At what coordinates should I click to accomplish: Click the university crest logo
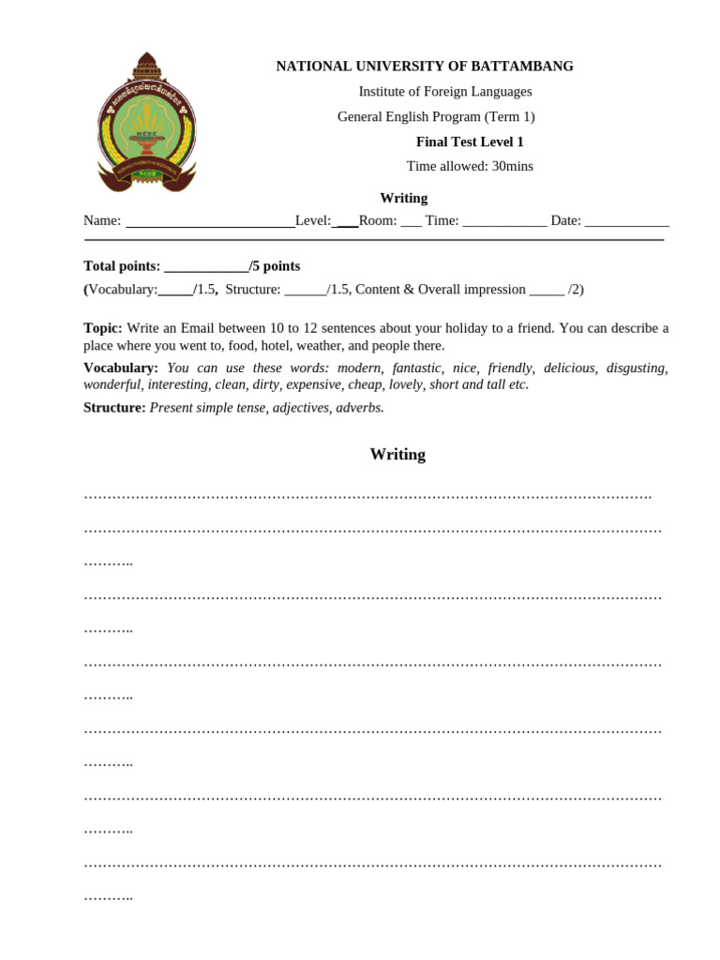(146, 122)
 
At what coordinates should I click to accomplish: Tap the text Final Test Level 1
(470, 142)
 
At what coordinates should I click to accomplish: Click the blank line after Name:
(210, 222)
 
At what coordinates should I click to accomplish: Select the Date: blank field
(626, 222)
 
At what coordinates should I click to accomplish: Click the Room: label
(378, 220)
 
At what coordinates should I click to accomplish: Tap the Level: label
(312, 220)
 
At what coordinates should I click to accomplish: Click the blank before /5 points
(206, 267)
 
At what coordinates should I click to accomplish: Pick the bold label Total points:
(122, 266)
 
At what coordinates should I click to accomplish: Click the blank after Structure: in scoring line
(305, 291)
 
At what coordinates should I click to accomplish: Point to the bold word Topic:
(103, 328)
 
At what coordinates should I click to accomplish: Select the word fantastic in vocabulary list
(416, 367)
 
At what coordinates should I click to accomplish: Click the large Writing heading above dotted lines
(397, 455)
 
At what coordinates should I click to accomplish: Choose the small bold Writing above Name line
(403, 198)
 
